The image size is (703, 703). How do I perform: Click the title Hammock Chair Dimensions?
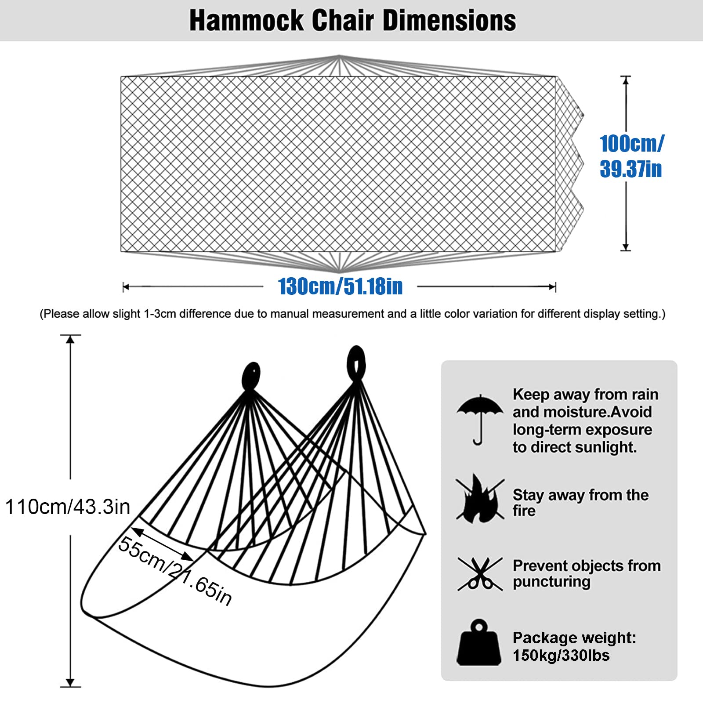[x=352, y=20]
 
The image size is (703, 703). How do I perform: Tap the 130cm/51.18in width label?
[x=341, y=286]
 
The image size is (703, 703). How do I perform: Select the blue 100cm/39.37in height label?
[x=631, y=156]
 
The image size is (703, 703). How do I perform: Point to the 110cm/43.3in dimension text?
[x=68, y=507]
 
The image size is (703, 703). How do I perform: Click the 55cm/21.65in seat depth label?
[x=175, y=571]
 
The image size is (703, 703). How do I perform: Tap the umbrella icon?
[x=480, y=420]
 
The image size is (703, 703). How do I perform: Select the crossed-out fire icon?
[x=480, y=499]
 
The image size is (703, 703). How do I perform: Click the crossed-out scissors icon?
[x=480, y=574]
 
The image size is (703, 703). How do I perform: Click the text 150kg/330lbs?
[x=561, y=655]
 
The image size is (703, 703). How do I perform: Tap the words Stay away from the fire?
[x=580, y=503]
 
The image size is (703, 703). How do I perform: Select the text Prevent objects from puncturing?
[x=587, y=573]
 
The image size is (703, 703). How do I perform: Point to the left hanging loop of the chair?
[x=251, y=376]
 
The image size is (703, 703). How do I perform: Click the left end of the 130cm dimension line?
[x=123, y=287]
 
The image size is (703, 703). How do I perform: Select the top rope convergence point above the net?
[x=339, y=56]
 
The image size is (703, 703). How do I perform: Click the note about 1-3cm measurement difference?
[x=352, y=314]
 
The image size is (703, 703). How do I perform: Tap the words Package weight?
[x=574, y=638]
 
